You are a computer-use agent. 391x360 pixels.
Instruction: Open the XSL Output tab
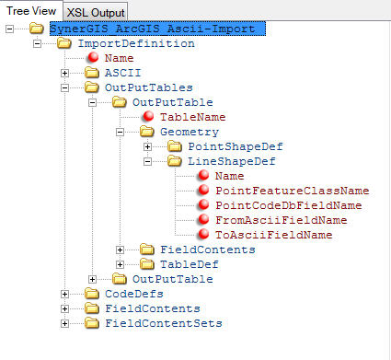tap(95, 11)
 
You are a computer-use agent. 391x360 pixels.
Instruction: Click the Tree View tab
tap(30, 10)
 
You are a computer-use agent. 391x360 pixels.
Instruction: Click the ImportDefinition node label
tap(135, 43)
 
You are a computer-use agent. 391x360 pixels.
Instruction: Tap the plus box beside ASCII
tap(64, 73)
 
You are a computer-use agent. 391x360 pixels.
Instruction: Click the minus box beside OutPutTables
tap(64, 87)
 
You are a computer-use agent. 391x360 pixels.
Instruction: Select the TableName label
tap(192, 117)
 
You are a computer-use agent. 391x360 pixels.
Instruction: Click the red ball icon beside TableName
tap(150, 117)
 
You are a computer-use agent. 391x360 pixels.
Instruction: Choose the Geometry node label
tap(189, 132)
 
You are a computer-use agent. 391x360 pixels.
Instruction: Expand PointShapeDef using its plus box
tap(147, 146)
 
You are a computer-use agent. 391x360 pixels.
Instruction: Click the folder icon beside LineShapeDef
tap(177, 161)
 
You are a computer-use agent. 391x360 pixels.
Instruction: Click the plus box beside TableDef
tap(120, 264)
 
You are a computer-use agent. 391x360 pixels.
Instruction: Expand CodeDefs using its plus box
tap(64, 294)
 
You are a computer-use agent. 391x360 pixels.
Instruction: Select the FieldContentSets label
tap(162, 323)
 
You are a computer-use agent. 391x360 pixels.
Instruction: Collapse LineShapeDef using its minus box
tap(147, 161)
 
